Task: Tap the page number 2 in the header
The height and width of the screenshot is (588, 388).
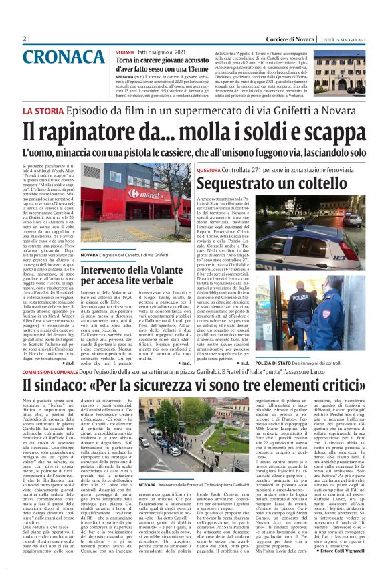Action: pyautogui.click(x=25, y=39)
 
